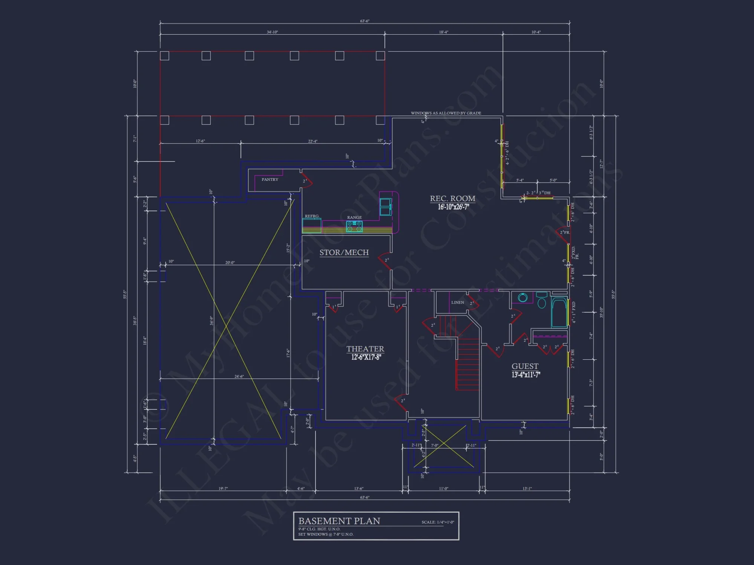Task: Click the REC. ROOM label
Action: click(452, 199)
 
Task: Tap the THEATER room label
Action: click(365, 349)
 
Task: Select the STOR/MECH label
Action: click(344, 252)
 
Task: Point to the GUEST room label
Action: click(525, 366)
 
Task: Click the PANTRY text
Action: click(270, 180)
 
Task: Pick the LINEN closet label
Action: click(457, 302)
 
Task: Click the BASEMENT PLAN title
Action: click(339, 521)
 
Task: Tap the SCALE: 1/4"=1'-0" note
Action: click(437, 522)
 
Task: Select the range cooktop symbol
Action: click(354, 226)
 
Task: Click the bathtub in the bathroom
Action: click(559, 313)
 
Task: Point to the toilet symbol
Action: click(542, 301)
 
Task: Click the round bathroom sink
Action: click(523, 298)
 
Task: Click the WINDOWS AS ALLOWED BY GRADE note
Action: click(446, 113)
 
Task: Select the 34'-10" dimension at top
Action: click(272, 32)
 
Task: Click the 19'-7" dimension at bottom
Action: click(223, 489)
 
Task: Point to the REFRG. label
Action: click(312, 216)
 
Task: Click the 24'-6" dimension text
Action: click(239, 376)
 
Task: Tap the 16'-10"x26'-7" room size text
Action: click(453, 207)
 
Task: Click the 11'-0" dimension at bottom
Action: click(443, 489)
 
